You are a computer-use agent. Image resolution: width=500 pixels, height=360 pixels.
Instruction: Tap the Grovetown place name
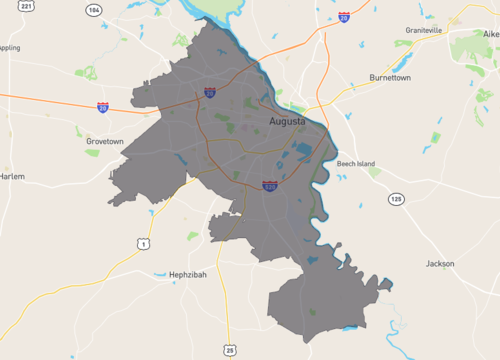point(105,141)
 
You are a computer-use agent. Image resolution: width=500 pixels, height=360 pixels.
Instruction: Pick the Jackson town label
point(440,264)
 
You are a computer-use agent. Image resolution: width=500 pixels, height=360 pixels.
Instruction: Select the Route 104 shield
point(94,10)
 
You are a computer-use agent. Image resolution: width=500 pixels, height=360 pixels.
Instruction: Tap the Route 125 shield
point(396,200)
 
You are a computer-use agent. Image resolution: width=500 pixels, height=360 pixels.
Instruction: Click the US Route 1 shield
point(144,244)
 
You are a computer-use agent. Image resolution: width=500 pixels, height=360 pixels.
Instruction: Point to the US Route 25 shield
point(231,349)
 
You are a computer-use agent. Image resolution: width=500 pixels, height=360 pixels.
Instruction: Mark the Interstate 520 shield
point(270,185)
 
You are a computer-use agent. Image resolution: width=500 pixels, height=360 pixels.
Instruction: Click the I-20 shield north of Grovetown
point(103,106)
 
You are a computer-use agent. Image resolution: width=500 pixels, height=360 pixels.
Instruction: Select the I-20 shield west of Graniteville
point(344,17)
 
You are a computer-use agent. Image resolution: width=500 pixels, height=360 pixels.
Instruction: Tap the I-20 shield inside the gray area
point(210,93)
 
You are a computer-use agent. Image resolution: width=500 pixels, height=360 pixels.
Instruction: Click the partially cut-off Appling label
point(9,47)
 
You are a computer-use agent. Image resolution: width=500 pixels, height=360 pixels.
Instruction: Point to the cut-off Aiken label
point(491,33)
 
